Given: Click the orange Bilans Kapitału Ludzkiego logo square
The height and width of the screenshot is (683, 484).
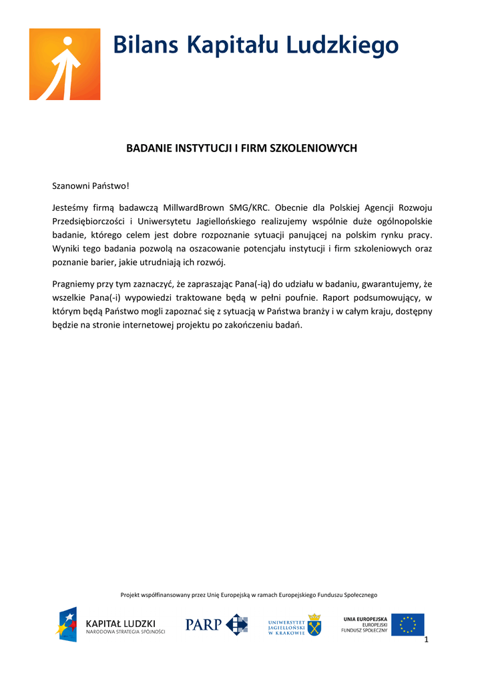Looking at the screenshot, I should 65,64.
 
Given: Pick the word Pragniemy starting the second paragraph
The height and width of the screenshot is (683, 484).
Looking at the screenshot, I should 75,283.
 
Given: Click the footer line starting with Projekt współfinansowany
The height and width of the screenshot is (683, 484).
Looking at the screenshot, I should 248,594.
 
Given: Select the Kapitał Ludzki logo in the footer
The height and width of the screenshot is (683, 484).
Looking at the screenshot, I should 110,625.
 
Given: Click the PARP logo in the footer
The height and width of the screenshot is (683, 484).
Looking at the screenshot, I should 216,625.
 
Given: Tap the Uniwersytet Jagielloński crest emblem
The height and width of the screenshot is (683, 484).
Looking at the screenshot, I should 313,624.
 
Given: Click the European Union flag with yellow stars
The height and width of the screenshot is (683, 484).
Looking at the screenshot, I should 407,624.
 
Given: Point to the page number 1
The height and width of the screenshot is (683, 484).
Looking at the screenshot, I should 426,640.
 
